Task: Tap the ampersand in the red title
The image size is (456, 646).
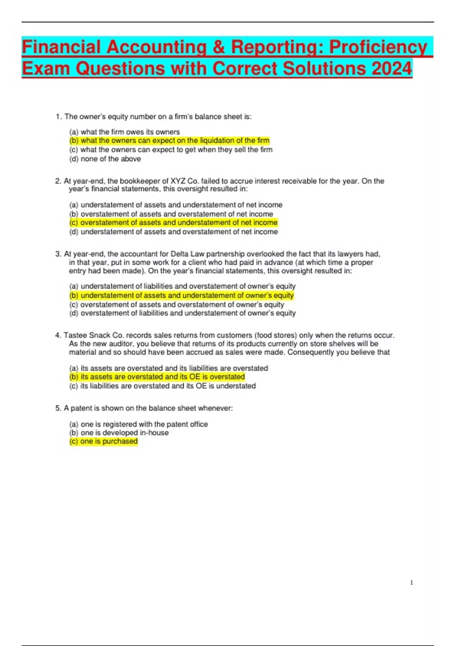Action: click(218, 47)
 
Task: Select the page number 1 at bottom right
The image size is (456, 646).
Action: click(412, 583)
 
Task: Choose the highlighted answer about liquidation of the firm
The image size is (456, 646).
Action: click(169, 141)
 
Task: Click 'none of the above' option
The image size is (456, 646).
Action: click(105, 159)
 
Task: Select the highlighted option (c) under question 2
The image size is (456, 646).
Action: click(173, 223)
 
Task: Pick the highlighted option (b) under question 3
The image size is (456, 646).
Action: click(181, 295)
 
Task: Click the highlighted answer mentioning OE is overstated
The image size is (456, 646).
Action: click(157, 377)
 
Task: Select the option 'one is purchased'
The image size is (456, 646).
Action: click(103, 441)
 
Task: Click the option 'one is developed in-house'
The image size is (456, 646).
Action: click(119, 432)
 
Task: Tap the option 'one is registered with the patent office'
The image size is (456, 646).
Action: click(138, 424)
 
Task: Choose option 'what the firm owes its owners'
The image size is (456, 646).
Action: click(125, 132)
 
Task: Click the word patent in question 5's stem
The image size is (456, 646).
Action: click(81, 408)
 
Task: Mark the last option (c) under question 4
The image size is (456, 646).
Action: click(162, 386)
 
